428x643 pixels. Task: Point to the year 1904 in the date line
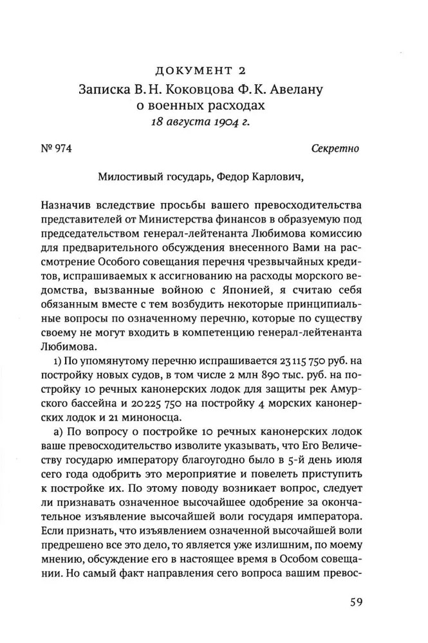[x=234, y=120]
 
